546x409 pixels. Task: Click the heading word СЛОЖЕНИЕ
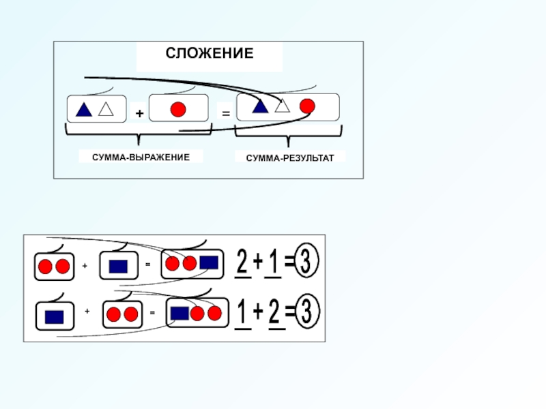(210, 53)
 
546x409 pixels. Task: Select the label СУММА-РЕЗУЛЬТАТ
(290, 157)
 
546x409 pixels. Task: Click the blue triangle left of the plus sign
(84, 109)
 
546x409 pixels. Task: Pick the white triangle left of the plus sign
(105, 108)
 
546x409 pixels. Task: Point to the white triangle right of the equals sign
(283, 106)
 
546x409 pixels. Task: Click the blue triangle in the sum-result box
(260, 106)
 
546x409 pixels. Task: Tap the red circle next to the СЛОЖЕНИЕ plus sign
(178, 109)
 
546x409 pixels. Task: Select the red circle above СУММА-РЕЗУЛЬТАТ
(307, 106)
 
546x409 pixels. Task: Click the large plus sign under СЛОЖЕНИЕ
(139, 115)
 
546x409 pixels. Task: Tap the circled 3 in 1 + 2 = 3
(308, 313)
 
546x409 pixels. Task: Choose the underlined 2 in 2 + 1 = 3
(242, 260)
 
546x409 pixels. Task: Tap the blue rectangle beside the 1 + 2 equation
(180, 313)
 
